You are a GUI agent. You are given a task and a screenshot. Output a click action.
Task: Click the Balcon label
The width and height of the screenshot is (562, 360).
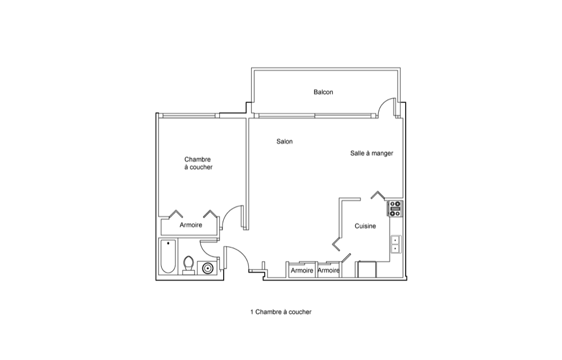click(323, 92)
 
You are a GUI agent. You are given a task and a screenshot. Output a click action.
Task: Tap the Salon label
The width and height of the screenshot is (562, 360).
click(284, 142)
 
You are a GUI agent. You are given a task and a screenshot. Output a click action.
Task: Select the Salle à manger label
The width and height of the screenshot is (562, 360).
click(371, 154)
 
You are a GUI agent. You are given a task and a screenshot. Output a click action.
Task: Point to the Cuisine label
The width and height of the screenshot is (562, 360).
click(365, 226)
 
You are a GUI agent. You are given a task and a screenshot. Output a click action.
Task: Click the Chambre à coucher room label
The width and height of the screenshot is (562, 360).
click(198, 163)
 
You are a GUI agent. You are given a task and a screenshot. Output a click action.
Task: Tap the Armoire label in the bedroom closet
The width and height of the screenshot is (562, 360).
click(191, 225)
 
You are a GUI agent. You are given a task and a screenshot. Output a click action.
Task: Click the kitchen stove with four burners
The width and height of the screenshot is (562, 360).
click(395, 208)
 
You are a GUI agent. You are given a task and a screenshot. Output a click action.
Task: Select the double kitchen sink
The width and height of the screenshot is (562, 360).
click(395, 244)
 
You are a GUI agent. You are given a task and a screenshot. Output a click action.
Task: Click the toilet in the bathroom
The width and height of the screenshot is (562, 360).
click(188, 265)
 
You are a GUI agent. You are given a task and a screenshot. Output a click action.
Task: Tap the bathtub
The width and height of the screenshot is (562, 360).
click(167, 256)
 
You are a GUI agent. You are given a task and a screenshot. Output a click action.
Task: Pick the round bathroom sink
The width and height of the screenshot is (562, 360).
click(207, 268)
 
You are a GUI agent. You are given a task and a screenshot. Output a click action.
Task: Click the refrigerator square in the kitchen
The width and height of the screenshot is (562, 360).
click(366, 269)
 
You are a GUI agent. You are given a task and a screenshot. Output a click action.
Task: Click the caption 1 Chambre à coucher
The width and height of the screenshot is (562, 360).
click(281, 312)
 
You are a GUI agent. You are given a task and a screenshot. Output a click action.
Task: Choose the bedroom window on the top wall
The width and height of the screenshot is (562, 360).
click(189, 115)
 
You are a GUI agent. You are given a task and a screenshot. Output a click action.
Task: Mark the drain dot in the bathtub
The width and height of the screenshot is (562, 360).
click(168, 243)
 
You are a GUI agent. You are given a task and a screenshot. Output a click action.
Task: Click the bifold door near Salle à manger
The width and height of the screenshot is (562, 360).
click(378, 195)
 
